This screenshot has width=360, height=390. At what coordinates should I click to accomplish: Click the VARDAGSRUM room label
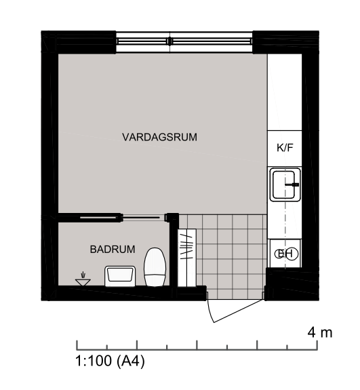tap(159, 137)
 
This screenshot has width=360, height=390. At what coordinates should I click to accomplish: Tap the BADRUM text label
tap(113, 249)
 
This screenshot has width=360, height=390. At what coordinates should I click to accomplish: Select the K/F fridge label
tap(285, 147)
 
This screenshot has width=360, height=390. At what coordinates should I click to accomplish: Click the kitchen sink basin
tap(285, 184)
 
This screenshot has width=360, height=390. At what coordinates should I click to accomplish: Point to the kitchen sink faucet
tap(292, 184)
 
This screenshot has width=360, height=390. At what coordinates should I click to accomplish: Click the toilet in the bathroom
tap(155, 267)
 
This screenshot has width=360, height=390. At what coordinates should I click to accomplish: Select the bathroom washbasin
tap(120, 276)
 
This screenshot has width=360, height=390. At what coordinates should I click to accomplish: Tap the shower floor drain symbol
tap(83, 280)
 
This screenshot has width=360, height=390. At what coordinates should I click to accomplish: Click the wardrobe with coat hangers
tap(187, 258)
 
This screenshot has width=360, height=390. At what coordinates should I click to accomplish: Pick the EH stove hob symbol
tap(286, 254)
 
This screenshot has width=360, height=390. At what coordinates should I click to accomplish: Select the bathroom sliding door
tap(119, 218)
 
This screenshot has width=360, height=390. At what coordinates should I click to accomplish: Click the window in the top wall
tap(184, 41)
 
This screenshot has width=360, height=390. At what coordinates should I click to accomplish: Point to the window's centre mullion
tap(169, 41)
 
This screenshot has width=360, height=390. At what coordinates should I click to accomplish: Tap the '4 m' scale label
tap(320, 332)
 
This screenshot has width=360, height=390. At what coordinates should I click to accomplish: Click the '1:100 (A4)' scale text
tap(110, 361)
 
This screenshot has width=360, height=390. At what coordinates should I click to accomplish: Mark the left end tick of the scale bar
tap(77, 345)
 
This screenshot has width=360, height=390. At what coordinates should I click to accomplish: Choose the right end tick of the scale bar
tap(317, 345)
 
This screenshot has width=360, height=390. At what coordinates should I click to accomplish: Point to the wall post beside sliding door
tap(172, 218)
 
